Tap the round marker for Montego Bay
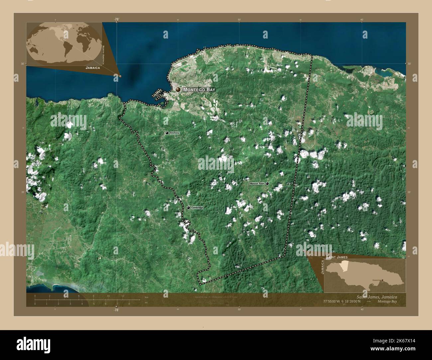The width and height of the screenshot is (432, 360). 178,90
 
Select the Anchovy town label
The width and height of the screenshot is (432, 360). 174,133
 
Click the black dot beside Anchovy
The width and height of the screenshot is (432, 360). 167,133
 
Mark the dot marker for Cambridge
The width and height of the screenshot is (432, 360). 188,208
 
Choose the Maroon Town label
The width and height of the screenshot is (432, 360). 257,183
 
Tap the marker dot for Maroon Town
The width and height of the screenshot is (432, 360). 267,183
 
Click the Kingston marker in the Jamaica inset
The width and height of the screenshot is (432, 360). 382,280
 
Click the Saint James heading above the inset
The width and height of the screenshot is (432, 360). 337,257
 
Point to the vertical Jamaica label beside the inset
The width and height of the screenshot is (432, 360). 322,267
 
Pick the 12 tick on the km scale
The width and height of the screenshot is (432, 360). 123,296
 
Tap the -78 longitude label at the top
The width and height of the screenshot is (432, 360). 116,19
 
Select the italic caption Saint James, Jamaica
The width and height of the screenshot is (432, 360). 377,297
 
